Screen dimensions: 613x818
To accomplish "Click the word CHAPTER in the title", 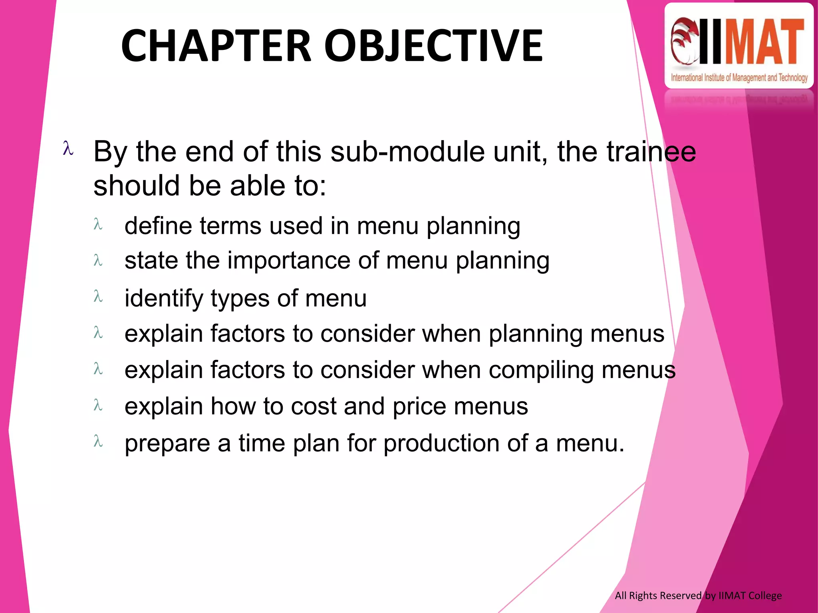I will (216, 46).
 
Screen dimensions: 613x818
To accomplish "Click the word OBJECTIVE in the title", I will (433, 46).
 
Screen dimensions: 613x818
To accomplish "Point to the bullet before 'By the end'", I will (68, 148).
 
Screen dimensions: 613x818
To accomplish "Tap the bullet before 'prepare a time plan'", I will (98, 441).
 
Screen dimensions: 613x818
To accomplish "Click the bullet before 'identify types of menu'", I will (98, 297).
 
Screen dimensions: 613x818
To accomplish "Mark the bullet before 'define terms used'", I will (98, 224).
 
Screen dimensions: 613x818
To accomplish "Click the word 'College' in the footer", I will (765, 595).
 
